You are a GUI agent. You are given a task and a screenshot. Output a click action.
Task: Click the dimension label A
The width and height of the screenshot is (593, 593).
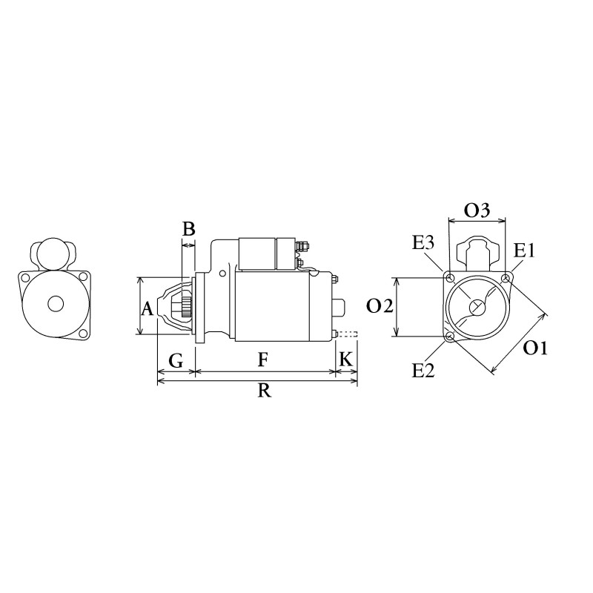click(x=148, y=308)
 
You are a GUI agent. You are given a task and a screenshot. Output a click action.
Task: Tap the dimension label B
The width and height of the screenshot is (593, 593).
click(x=188, y=229)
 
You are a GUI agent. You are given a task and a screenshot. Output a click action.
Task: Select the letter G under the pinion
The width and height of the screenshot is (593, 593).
click(x=176, y=361)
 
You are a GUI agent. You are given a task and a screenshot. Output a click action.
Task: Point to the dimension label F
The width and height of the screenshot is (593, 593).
click(x=262, y=361)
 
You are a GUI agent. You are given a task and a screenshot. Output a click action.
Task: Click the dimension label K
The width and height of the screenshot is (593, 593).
click(x=345, y=361)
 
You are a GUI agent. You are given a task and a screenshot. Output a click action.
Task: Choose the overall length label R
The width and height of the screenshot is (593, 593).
click(x=263, y=393)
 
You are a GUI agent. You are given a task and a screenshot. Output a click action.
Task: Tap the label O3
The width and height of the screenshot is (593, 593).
click(x=477, y=211)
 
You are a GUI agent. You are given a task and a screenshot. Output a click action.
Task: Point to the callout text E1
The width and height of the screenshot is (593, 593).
click(x=524, y=251)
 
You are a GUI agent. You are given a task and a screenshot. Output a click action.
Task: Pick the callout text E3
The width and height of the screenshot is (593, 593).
click(x=424, y=242)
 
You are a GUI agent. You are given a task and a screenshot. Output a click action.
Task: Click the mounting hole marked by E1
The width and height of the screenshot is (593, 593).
click(x=506, y=278)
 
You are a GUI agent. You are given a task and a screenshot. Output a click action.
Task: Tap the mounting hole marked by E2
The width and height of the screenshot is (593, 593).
click(x=450, y=338)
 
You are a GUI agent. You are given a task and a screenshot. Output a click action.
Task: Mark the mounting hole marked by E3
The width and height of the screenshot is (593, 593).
click(x=449, y=277)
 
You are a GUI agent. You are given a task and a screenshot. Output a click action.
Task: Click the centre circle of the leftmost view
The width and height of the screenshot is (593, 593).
click(x=56, y=303)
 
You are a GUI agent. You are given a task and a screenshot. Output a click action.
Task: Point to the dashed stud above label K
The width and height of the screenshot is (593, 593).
click(x=348, y=334)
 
